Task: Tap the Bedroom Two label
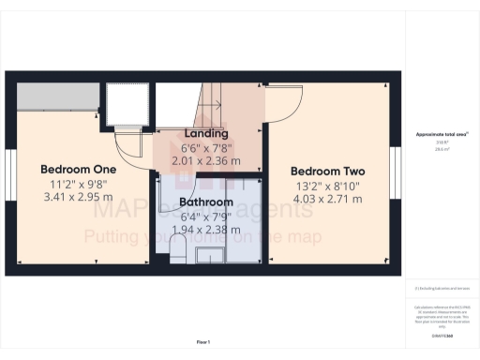[x=327, y=172]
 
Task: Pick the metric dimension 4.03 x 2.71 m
[x=327, y=200]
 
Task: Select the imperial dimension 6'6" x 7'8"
[x=202, y=146]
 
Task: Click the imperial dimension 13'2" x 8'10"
[x=327, y=186]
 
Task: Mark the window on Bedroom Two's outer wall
[x=397, y=173]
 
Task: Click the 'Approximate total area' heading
[x=442, y=135]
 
